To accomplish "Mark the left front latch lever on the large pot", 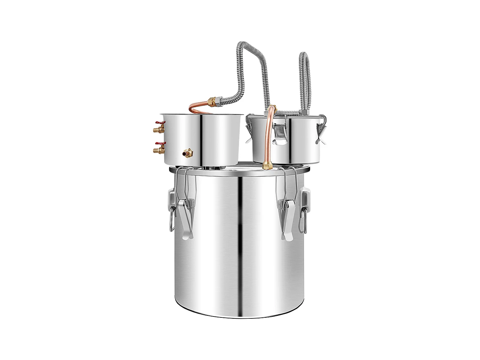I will point(186,218).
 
